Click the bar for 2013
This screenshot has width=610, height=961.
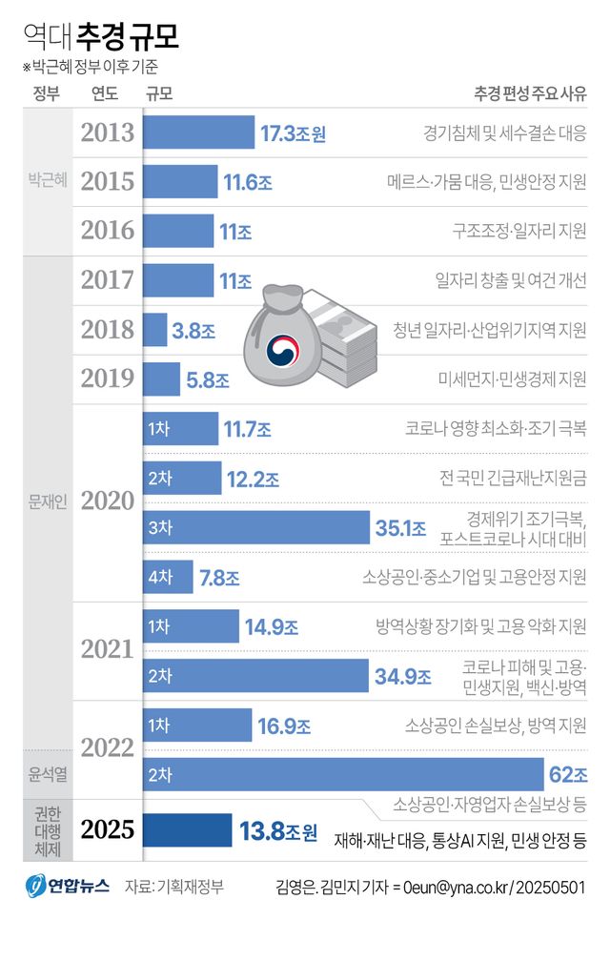[198, 133]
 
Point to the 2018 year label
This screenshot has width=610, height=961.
[108, 330]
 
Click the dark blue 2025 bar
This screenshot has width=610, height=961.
[187, 830]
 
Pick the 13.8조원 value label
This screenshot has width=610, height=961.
[277, 831]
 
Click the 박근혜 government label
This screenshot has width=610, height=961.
[47, 180]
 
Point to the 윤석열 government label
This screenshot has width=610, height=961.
[47, 773]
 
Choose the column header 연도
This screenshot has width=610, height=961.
[105, 93]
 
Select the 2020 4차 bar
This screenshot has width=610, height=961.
[168, 577]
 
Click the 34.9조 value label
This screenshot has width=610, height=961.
[402, 676]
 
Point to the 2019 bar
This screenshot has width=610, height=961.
[161, 379]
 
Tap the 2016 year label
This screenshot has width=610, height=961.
[108, 231]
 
